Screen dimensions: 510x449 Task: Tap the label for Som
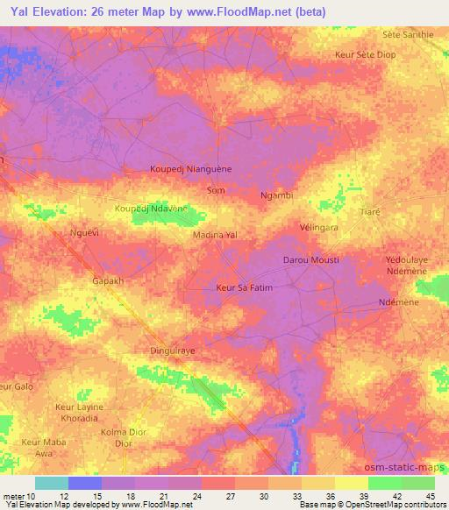click(x=215, y=189)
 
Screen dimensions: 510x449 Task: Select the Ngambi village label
click(x=276, y=196)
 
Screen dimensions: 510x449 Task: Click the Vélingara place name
click(x=319, y=225)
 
